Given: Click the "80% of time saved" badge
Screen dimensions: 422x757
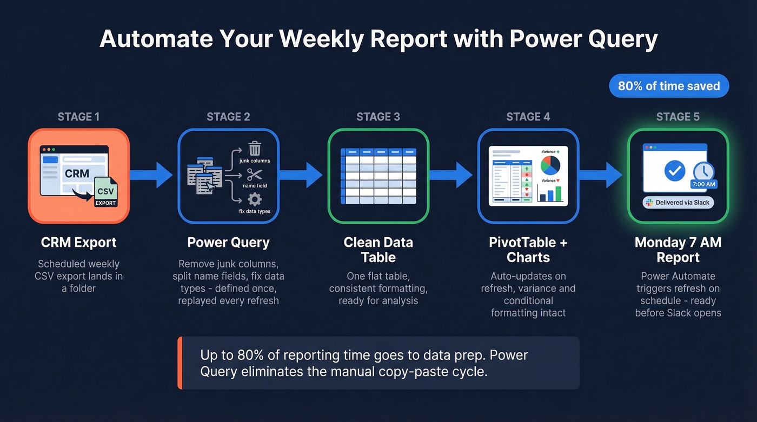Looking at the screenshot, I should [x=669, y=86].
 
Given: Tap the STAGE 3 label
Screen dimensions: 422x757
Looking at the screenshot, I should [x=378, y=117].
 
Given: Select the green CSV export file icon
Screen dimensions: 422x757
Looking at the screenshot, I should [x=105, y=192].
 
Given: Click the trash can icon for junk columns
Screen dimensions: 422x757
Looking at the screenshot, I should [x=254, y=148].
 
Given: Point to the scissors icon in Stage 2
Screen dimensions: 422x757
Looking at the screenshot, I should [x=254, y=175].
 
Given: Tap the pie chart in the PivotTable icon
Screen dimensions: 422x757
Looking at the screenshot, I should [x=550, y=165].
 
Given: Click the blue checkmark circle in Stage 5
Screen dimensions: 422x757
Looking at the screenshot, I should [x=674, y=171].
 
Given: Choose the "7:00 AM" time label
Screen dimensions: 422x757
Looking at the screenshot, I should [x=703, y=184].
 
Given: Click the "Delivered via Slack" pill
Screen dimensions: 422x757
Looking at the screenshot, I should [x=678, y=203].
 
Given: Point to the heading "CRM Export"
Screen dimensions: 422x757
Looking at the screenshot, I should [x=78, y=243].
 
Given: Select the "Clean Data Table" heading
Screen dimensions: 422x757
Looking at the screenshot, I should [x=378, y=250].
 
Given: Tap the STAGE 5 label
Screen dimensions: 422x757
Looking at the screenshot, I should [x=678, y=117].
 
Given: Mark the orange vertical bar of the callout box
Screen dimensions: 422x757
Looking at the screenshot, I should [x=180, y=363].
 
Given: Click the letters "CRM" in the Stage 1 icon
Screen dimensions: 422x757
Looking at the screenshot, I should [x=77, y=173].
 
